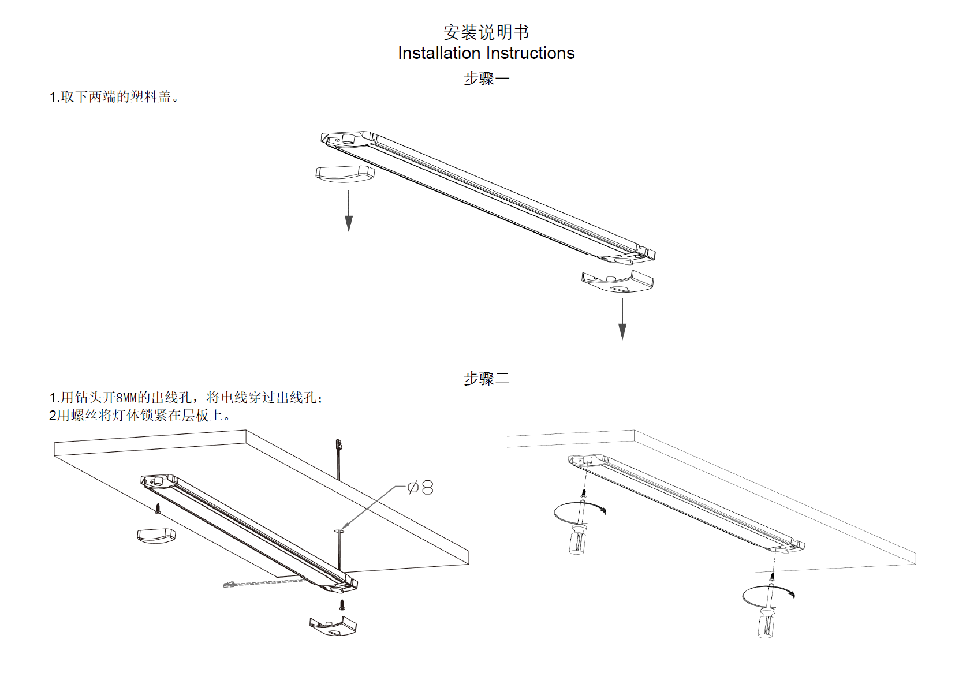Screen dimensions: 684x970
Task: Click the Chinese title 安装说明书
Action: (486, 32)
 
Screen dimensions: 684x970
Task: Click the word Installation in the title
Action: (439, 53)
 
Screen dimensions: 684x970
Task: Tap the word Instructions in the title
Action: (531, 53)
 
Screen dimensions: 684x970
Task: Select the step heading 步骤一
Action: (486, 78)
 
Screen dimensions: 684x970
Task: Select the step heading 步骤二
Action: (486, 379)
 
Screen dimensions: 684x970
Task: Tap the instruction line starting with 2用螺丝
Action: (139, 416)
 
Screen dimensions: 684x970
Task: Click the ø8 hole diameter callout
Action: (421, 488)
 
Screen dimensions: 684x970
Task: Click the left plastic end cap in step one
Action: (345, 174)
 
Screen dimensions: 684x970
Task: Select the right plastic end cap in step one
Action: (617, 282)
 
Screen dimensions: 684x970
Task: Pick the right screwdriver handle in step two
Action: (766, 624)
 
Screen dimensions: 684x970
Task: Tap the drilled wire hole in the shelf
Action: (338, 530)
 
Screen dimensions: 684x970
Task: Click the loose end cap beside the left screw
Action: (156, 535)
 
